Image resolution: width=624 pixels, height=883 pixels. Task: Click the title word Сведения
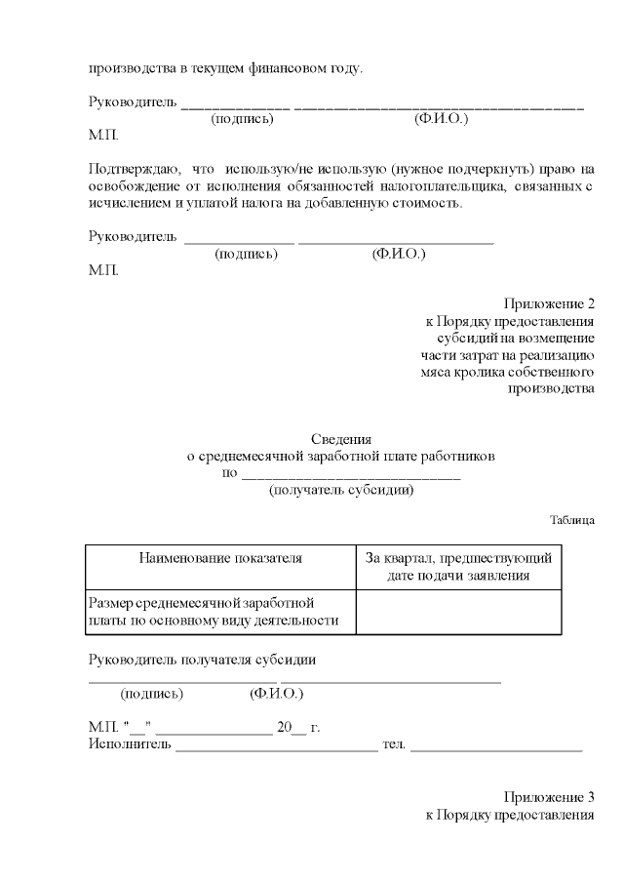click(x=341, y=439)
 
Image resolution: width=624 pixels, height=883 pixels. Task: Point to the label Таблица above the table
click(x=571, y=520)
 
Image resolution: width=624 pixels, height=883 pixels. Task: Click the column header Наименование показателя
click(x=220, y=558)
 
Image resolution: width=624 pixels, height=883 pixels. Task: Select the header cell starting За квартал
click(x=458, y=567)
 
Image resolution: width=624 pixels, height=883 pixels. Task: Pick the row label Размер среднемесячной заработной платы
click(x=214, y=612)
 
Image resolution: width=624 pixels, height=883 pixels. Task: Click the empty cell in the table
click(x=458, y=612)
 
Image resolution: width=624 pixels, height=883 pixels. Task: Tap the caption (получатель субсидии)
click(x=341, y=491)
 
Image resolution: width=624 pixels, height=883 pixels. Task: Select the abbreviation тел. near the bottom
click(x=394, y=746)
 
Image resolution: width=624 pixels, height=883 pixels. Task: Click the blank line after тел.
click(x=496, y=748)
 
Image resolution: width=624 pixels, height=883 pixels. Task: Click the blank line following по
click(x=350, y=475)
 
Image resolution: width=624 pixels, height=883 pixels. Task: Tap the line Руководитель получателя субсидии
click(x=202, y=660)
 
